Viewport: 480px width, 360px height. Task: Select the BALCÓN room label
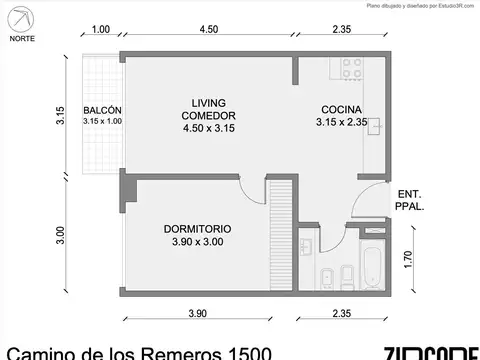coord(102,110)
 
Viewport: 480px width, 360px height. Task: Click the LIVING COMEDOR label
coord(209,109)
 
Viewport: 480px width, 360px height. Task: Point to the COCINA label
coord(342,110)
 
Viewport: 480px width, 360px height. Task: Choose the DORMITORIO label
coord(197,228)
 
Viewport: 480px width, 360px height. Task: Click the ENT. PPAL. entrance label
coord(408,200)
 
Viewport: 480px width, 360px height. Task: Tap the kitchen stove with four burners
coord(352,71)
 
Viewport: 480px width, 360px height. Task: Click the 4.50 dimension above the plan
coord(209,29)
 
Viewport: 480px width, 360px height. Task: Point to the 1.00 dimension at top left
coord(100,29)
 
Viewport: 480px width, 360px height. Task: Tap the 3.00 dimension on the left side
coord(60,236)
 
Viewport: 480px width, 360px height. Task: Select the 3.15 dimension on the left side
coord(60,117)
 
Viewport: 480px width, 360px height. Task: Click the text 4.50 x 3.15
coord(209,128)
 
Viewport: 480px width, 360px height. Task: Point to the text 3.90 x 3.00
coord(197,242)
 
